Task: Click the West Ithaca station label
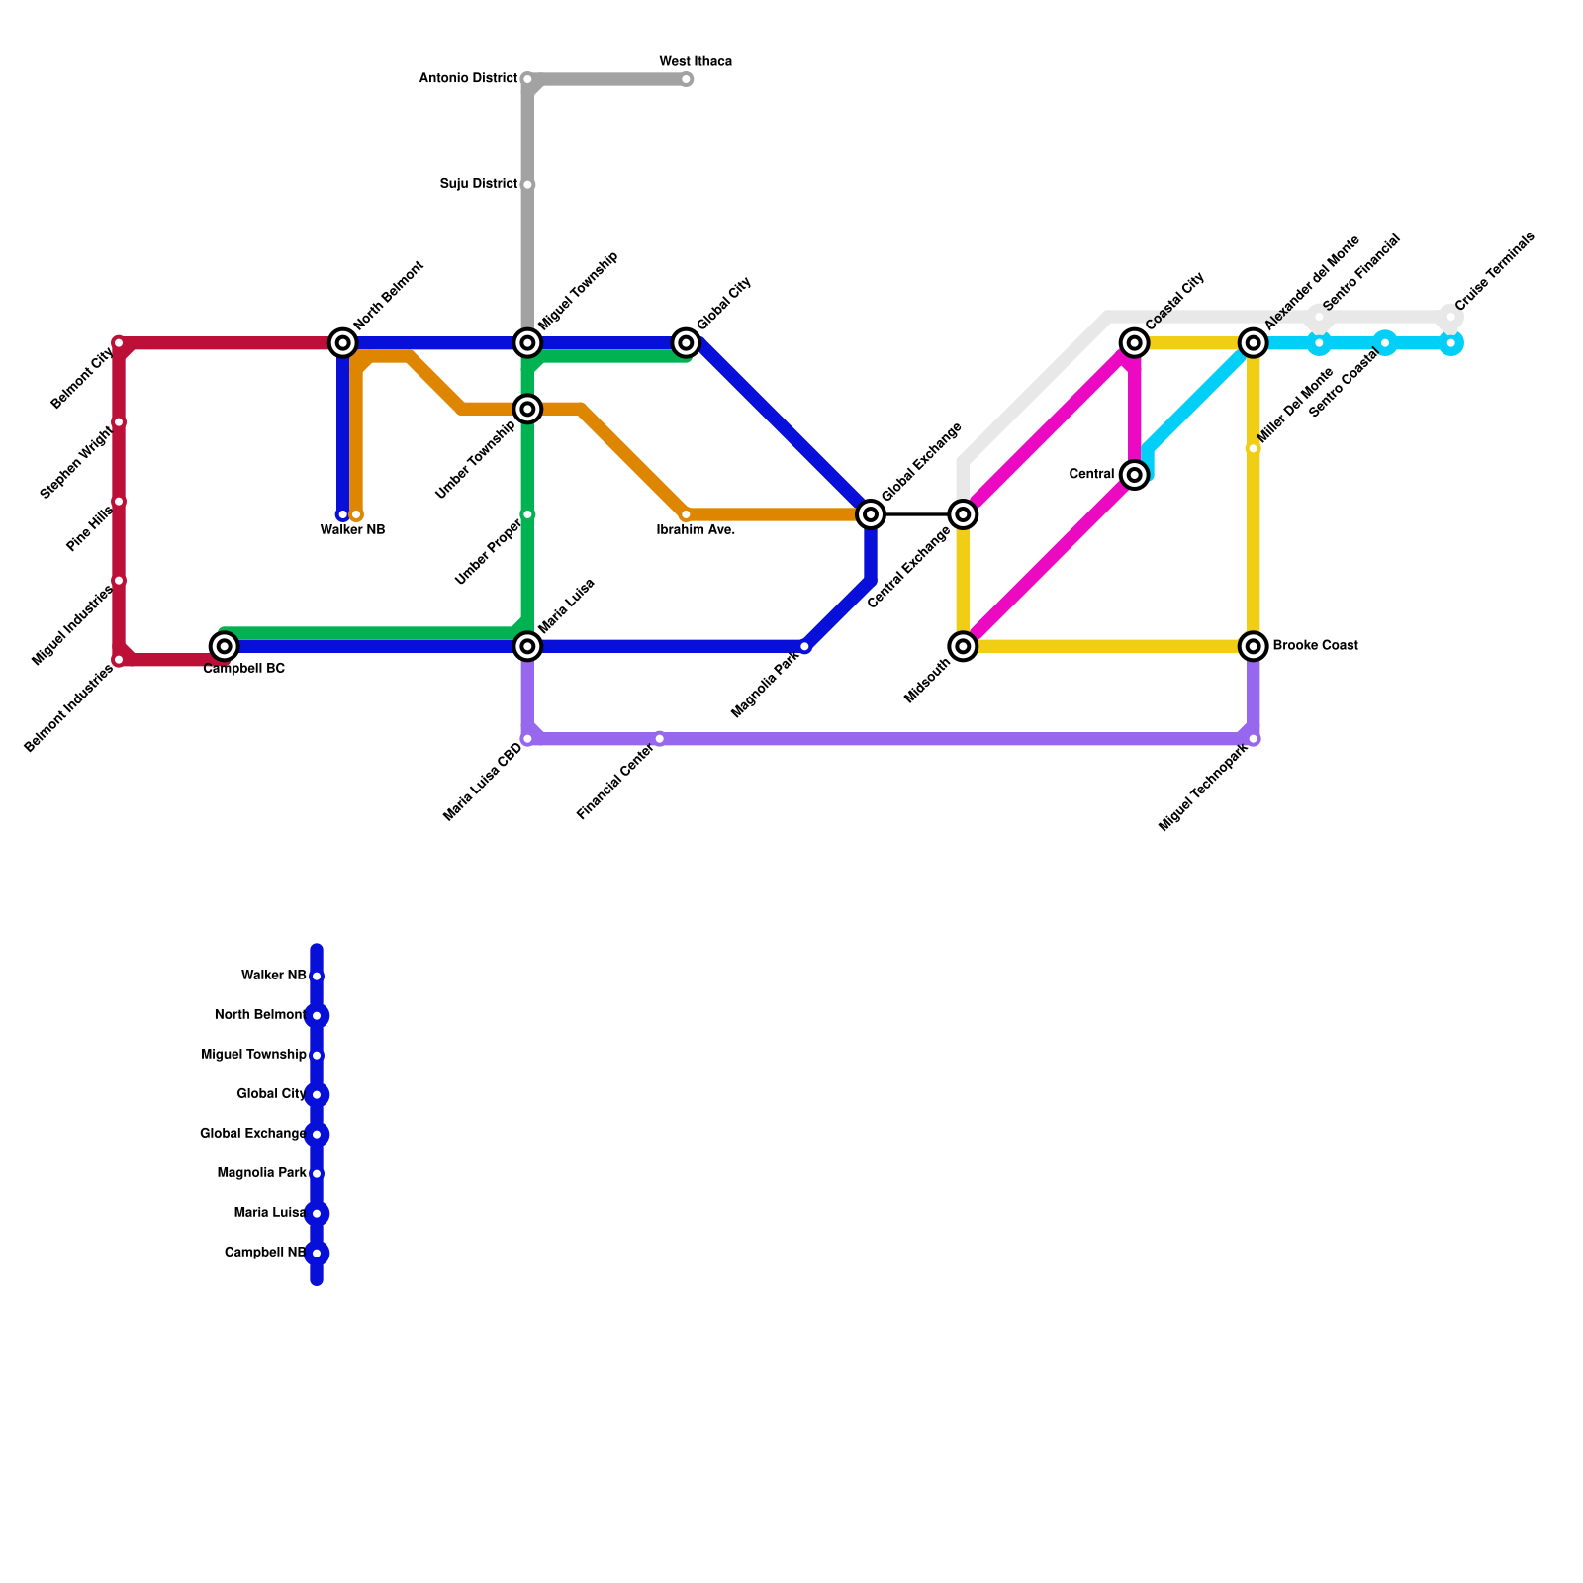pos(696,62)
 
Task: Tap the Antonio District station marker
pos(527,79)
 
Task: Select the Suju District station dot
pos(527,185)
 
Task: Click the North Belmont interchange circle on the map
pos(343,343)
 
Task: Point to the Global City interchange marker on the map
pos(686,343)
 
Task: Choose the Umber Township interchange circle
pos(527,409)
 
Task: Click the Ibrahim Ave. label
pos(696,530)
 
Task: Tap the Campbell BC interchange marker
pos(225,646)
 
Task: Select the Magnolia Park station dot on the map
pos(804,646)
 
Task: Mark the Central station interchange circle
pos(1135,475)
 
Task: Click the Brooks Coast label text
pos(1315,646)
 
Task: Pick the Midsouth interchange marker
pos(963,646)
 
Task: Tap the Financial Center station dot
pos(660,739)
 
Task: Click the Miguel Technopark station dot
pos(1254,739)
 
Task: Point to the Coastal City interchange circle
pos(1135,343)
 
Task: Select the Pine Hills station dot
pos(119,502)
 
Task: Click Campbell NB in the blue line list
pos(264,1253)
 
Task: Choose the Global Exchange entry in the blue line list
pos(252,1134)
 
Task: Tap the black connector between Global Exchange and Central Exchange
pos(916,514)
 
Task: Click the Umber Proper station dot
pos(527,514)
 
